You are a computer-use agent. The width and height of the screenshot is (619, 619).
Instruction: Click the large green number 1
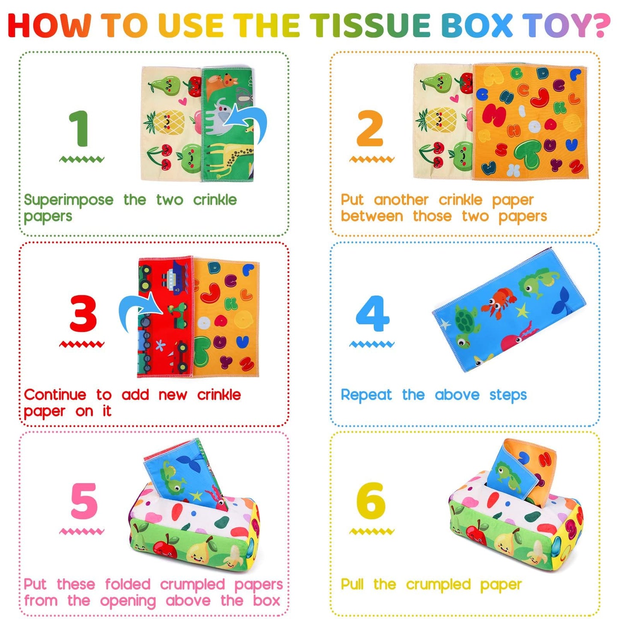tap(80, 129)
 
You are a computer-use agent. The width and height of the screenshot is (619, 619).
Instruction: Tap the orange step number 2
tap(370, 129)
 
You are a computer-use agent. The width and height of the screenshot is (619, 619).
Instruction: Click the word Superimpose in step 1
tap(69, 200)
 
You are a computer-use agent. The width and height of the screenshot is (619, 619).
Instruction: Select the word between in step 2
tap(372, 216)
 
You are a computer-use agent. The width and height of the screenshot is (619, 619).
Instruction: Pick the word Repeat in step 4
tap(366, 395)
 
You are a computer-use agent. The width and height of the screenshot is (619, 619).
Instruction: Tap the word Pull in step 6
tap(352, 584)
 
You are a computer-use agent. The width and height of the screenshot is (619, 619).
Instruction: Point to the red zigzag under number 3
tap(81, 344)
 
